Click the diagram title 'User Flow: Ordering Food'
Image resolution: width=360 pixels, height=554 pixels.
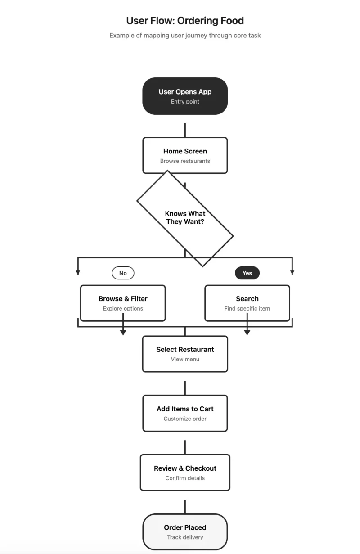click(x=185, y=21)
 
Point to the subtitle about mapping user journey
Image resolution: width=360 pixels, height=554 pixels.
click(x=185, y=35)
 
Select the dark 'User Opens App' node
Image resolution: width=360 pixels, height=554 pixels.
click(x=185, y=95)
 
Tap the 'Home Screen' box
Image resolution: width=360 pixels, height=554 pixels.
click(x=185, y=155)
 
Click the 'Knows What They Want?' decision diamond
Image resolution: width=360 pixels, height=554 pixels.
click(x=185, y=218)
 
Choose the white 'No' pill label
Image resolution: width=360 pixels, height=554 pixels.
click(x=123, y=273)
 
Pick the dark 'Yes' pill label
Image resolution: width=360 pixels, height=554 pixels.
click(x=247, y=273)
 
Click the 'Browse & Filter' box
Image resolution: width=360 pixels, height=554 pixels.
click(x=123, y=303)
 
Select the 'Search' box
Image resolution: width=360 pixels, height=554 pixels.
click(x=247, y=303)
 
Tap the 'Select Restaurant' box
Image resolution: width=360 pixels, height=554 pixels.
click(x=185, y=354)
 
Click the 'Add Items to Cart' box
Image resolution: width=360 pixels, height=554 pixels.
click(x=185, y=413)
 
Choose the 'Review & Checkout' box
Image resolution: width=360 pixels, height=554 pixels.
click(x=185, y=473)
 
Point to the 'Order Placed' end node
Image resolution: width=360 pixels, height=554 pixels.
click(x=185, y=531)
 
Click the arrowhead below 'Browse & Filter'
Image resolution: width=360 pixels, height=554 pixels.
click(x=123, y=333)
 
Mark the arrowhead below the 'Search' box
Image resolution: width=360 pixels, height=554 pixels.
click(x=247, y=333)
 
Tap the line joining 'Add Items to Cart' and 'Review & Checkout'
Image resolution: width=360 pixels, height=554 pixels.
click(x=185, y=447)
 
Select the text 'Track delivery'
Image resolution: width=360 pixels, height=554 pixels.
click(x=185, y=537)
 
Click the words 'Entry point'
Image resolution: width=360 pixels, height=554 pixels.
click(x=185, y=102)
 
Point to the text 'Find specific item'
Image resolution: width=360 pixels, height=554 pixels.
click(x=247, y=309)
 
